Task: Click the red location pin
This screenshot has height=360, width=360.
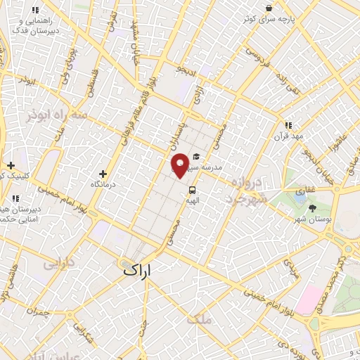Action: point(180,165)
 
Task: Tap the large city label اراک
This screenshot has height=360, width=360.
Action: point(138,269)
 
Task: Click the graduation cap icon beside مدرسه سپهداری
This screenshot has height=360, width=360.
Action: point(195,157)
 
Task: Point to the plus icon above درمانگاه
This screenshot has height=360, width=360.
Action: point(103,173)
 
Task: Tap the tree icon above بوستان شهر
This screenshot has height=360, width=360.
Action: point(312,207)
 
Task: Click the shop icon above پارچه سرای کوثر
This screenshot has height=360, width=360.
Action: point(268,8)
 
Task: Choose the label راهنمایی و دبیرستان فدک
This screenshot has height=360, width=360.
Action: point(37,26)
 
